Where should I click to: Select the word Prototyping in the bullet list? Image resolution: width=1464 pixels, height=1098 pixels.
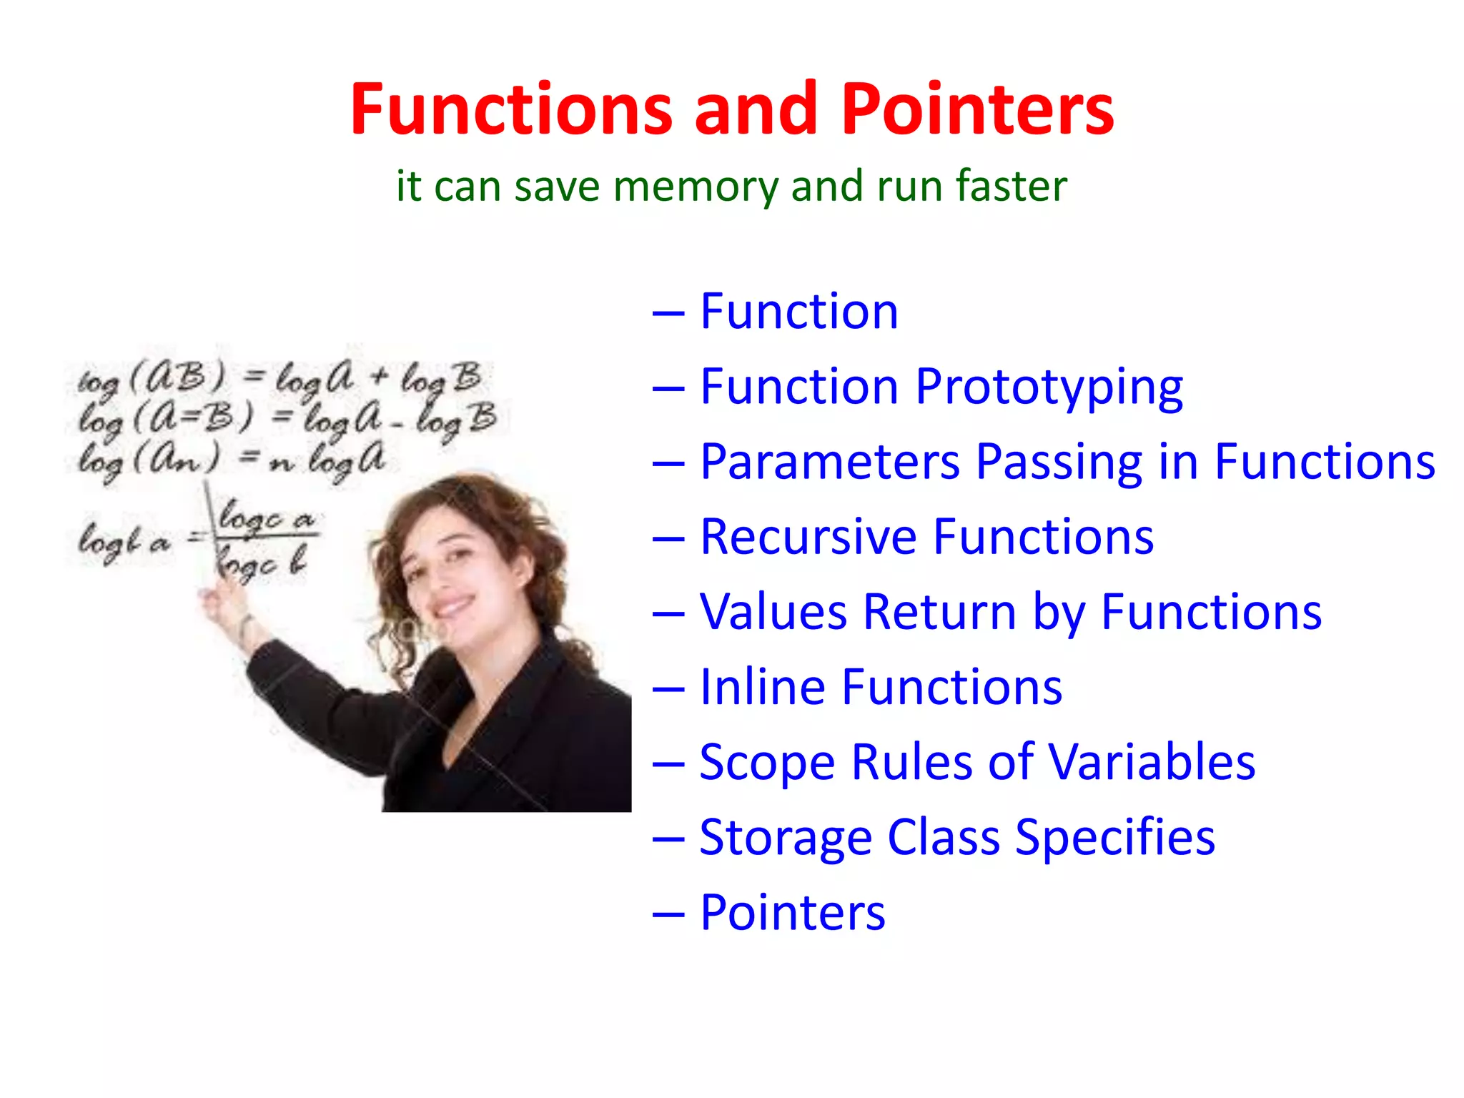1049,388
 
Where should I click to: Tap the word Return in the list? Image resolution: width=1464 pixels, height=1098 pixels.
939,612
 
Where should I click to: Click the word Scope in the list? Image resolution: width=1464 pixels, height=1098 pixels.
767,763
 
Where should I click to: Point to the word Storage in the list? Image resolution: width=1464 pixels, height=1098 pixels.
785,838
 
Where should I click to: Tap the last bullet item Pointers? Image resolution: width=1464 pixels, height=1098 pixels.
792,913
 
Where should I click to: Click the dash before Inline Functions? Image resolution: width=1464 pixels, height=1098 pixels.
669,688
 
